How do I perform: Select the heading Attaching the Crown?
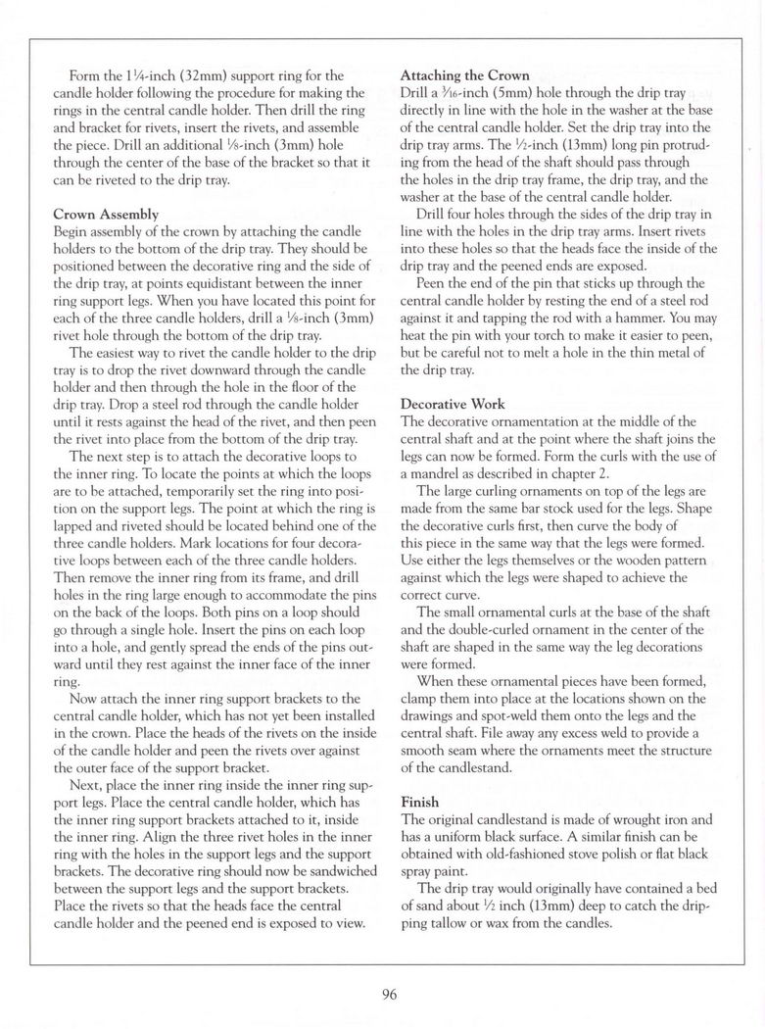466,76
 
